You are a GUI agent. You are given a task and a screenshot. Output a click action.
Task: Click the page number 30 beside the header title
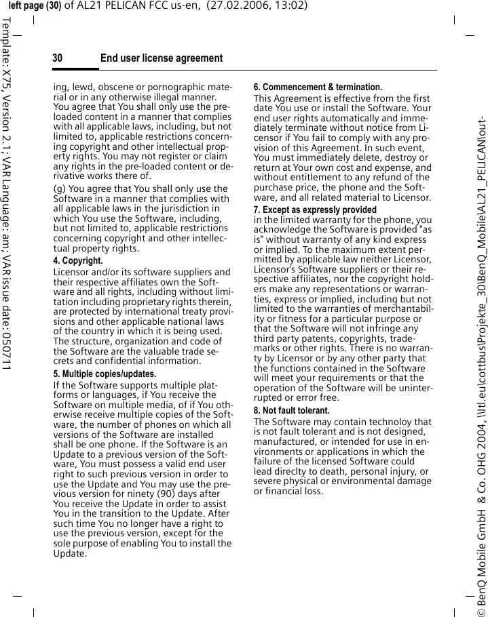[58, 58]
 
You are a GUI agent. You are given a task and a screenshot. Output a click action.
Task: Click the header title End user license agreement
[161, 58]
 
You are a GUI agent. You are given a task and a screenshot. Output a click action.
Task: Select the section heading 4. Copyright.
[78, 261]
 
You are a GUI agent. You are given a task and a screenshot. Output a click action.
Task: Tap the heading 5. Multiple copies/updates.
[105, 374]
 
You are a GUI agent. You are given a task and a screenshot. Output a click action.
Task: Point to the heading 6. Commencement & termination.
[318, 87]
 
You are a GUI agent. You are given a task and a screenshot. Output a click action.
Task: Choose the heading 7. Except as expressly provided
[315, 210]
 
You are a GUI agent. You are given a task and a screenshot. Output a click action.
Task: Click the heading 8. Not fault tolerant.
[291, 411]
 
